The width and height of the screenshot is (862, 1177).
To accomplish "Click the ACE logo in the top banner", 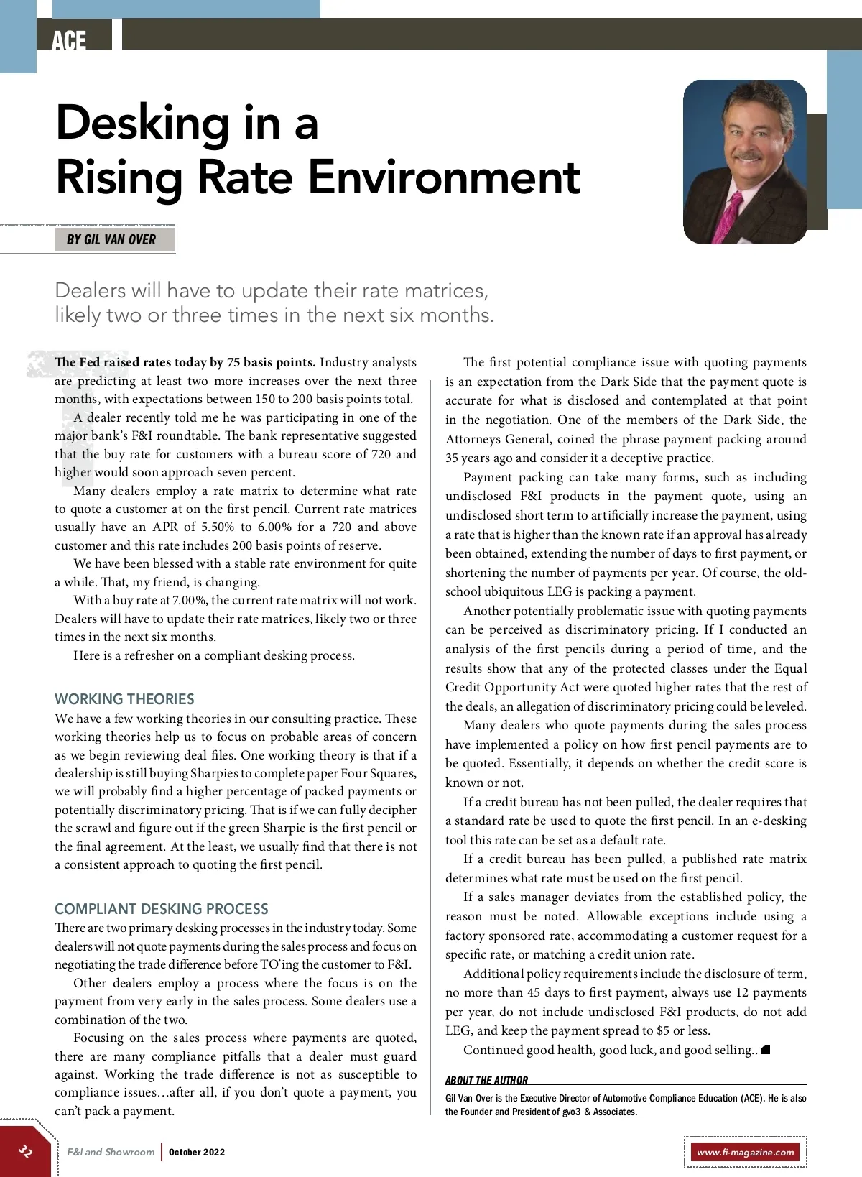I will [69, 40].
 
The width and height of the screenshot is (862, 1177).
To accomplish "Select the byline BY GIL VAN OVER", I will [111, 239].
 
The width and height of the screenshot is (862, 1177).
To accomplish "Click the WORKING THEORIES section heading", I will [124, 698].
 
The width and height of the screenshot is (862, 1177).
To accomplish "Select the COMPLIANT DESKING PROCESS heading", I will [161, 908].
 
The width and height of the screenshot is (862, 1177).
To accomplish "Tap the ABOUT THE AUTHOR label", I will [486, 1080].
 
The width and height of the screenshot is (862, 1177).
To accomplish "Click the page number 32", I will [26, 1151].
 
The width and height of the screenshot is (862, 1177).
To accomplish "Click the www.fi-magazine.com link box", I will [746, 1152].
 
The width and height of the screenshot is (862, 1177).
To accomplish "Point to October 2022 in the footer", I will [197, 1152].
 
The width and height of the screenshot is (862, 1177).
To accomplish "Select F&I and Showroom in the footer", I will [111, 1152].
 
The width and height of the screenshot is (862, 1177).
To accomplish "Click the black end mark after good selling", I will [766, 1050].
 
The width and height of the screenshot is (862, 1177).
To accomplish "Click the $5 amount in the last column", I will [663, 1030].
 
